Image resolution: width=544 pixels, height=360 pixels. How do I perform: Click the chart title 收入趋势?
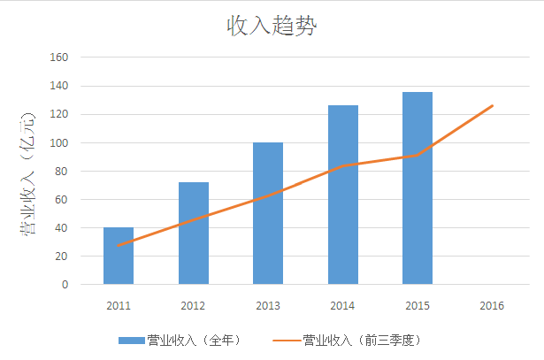[x=272, y=27]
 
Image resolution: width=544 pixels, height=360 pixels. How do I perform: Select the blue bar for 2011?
[x=119, y=257]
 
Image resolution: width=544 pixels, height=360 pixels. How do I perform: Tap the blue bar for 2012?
[x=193, y=234]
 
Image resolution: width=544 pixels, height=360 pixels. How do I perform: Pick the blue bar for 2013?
[x=268, y=213]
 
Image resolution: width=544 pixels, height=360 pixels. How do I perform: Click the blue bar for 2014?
[x=342, y=195]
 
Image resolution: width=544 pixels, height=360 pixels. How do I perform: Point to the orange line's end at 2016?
[x=492, y=106]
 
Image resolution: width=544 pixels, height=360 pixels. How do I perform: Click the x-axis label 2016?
[x=492, y=306]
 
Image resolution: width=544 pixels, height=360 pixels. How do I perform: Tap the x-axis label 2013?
[x=268, y=306]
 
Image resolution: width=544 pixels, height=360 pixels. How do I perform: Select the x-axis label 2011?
[x=119, y=306]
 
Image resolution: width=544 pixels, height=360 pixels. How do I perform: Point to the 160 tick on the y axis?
[x=60, y=57]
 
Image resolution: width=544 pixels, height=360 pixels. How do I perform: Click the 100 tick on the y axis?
[x=60, y=142]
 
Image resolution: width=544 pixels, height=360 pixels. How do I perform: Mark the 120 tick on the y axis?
[x=60, y=114]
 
